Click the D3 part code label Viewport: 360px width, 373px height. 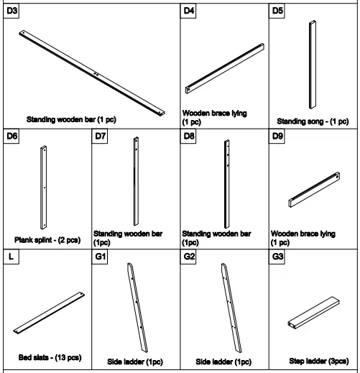pyautogui.click(x=12, y=11)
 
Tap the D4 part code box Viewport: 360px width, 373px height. pyautogui.click(x=189, y=11)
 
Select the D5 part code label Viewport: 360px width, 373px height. pyautogui.click(x=278, y=11)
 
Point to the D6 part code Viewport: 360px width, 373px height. pyautogui.click(x=12, y=135)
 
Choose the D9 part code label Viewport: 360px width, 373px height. pyautogui.click(x=278, y=135)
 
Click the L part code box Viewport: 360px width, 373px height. pyautogui.click(x=9, y=257)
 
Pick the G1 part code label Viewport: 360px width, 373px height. pyautogui.click(x=101, y=257)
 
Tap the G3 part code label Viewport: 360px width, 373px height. pyautogui.click(x=278, y=257)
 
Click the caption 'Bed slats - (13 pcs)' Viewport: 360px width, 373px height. pyautogui.click(x=50, y=357)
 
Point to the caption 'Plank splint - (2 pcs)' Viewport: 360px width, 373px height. pyautogui.click(x=47, y=239)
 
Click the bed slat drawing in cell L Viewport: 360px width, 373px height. pyautogui.click(x=49, y=311)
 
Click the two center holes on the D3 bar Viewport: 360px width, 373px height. pyautogui.click(x=96, y=72)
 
